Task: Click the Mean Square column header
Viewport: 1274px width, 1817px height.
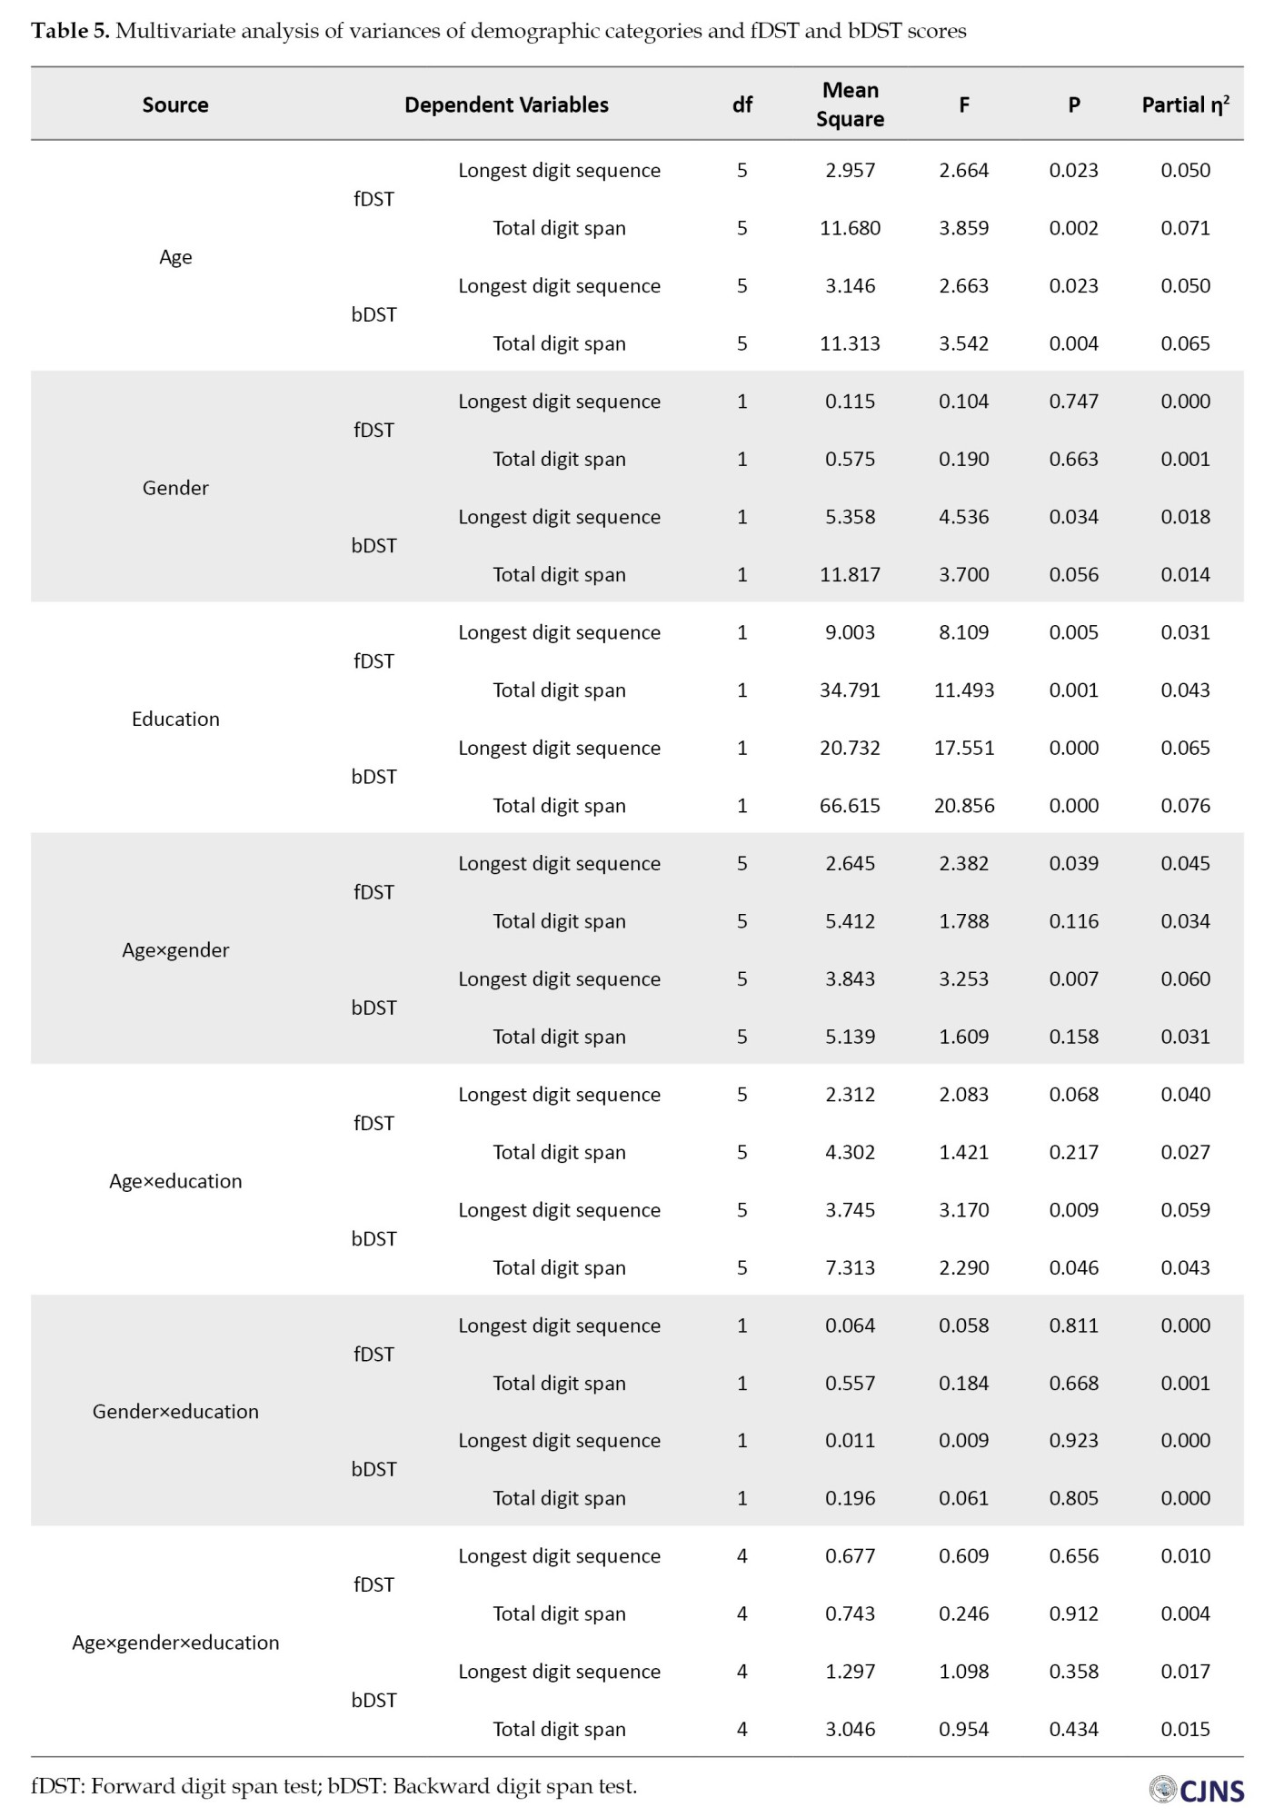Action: click(x=850, y=104)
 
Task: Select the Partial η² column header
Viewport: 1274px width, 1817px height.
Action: click(x=1185, y=104)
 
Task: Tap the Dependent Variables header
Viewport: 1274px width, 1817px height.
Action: click(x=506, y=104)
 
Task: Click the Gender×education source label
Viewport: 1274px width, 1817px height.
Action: click(x=175, y=1411)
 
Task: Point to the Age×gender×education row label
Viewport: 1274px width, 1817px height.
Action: click(x=175, y=1642)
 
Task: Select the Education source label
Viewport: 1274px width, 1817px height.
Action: click(x=175, y=719)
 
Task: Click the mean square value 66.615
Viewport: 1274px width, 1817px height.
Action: click(x=850, y=805)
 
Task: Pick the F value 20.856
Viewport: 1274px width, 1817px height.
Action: click(x=963, y=805)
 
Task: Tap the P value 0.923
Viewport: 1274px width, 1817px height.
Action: click(x=1073, y=1440)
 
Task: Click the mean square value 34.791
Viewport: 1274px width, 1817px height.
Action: click(x=850, y=690)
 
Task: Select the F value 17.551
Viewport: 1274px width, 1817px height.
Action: click(x=963, y=748)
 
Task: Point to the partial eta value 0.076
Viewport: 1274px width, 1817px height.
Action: click(x=1185, y=805)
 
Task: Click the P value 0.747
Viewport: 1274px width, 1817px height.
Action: click(x=1073, y=401)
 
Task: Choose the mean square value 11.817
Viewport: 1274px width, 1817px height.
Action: click(x=850, y=574)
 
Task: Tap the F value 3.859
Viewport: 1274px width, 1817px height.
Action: click(x=963, y=228)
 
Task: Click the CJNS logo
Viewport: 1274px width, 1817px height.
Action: click(x=1196, y=1789)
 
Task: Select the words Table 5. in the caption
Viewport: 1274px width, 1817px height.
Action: click(x=70, y=31)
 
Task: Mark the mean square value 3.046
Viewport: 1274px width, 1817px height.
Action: click(x=850, y=1729)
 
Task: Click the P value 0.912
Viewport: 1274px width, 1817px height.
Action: click(x=1073, y=1613)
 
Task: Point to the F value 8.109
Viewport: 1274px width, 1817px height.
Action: click(x=963, y=632)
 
